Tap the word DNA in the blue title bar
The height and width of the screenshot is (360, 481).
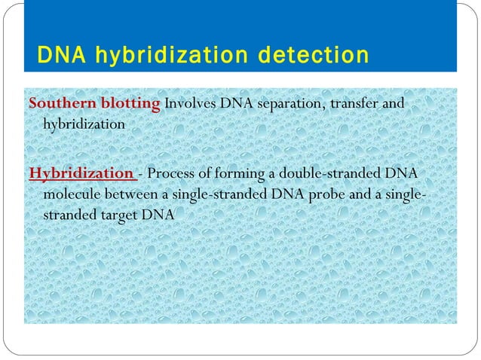60,56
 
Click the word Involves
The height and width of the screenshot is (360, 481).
191,102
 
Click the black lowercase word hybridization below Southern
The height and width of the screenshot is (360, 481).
84,124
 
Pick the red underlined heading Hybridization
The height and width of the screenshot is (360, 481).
81,174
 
